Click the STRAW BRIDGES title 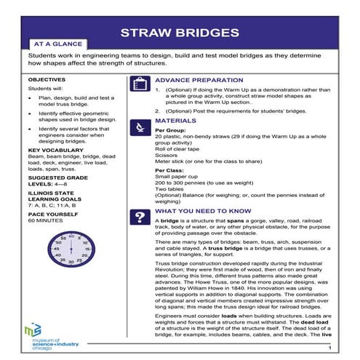[180, 33]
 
